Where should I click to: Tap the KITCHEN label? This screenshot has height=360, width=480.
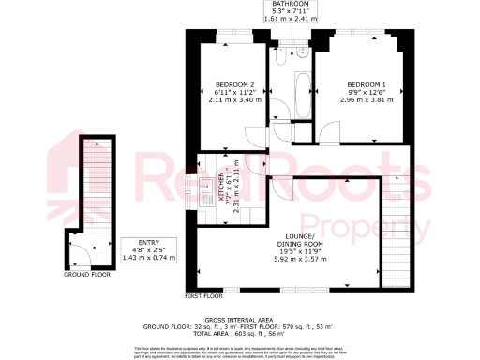point(221,187)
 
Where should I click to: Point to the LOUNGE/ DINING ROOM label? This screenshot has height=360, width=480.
point(304,239)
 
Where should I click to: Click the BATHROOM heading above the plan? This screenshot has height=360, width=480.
point(290,5)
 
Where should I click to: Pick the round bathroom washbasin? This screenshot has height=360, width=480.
point(303,52)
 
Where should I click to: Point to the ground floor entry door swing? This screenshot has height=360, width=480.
point(79,252)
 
